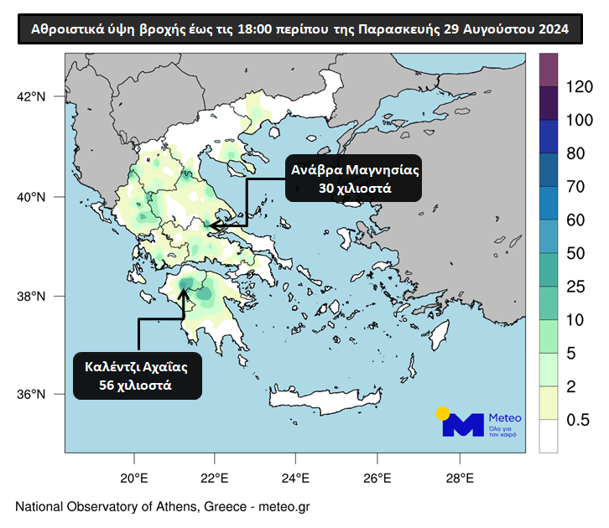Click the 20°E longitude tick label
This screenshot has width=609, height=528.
134,479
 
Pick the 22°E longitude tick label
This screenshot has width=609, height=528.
215,479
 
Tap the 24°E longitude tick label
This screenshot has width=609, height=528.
296,479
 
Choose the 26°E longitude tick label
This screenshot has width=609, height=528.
377,479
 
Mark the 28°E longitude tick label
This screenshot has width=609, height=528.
459,479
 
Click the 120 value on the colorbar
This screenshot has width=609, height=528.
580,86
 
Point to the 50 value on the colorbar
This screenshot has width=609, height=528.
575,253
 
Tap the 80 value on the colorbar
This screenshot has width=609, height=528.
575,153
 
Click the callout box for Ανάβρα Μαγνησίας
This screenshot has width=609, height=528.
354,179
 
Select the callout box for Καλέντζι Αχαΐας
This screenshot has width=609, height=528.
136,375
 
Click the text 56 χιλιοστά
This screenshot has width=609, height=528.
136,386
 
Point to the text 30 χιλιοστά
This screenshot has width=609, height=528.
355,189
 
